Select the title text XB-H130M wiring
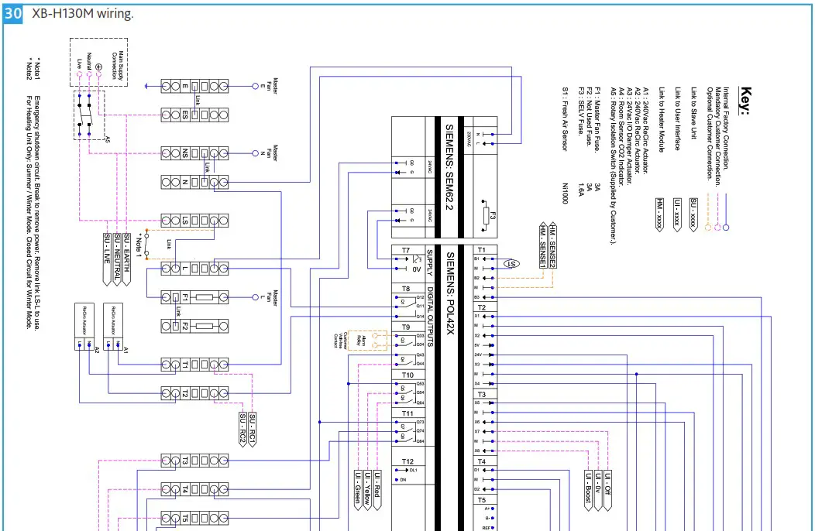click(82, 14)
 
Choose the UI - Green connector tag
click(358, 488)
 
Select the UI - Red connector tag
click(377, 488)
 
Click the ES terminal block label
click(184, 115)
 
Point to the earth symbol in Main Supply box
click(98, 67)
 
